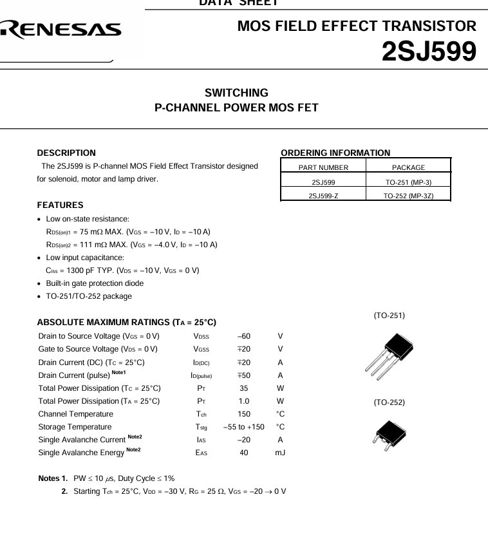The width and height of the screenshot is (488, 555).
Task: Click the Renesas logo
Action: [61, 29]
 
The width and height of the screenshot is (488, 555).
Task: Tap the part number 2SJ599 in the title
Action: [429, 52]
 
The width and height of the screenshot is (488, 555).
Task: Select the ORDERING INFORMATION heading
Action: [335, 153]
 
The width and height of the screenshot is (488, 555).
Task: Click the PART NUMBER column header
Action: [323, 167]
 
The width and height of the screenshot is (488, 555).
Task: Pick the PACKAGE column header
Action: [408, 167]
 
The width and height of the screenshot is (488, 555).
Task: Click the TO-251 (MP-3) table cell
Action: [408, 182]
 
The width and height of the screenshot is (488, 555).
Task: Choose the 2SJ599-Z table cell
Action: [323, 196]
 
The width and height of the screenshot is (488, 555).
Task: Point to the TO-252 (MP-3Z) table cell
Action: [408, 196]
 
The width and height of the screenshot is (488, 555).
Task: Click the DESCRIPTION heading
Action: [66, 153]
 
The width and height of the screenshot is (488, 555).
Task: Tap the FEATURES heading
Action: [60, 205]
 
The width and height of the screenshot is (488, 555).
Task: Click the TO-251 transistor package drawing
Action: [389, 355]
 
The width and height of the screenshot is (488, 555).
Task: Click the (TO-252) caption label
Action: [389, 402]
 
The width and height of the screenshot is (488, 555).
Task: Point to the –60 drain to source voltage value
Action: [243, 336]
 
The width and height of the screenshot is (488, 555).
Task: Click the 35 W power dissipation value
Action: [243, 388]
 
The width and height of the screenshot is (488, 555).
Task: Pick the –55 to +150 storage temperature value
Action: [243, 427]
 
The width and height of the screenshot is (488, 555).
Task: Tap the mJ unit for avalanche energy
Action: [280, 453]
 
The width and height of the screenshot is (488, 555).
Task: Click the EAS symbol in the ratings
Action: [202, 453]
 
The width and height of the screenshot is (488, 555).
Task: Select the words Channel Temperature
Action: [75, 414]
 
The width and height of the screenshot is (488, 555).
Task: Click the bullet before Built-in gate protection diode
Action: [40, 284]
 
